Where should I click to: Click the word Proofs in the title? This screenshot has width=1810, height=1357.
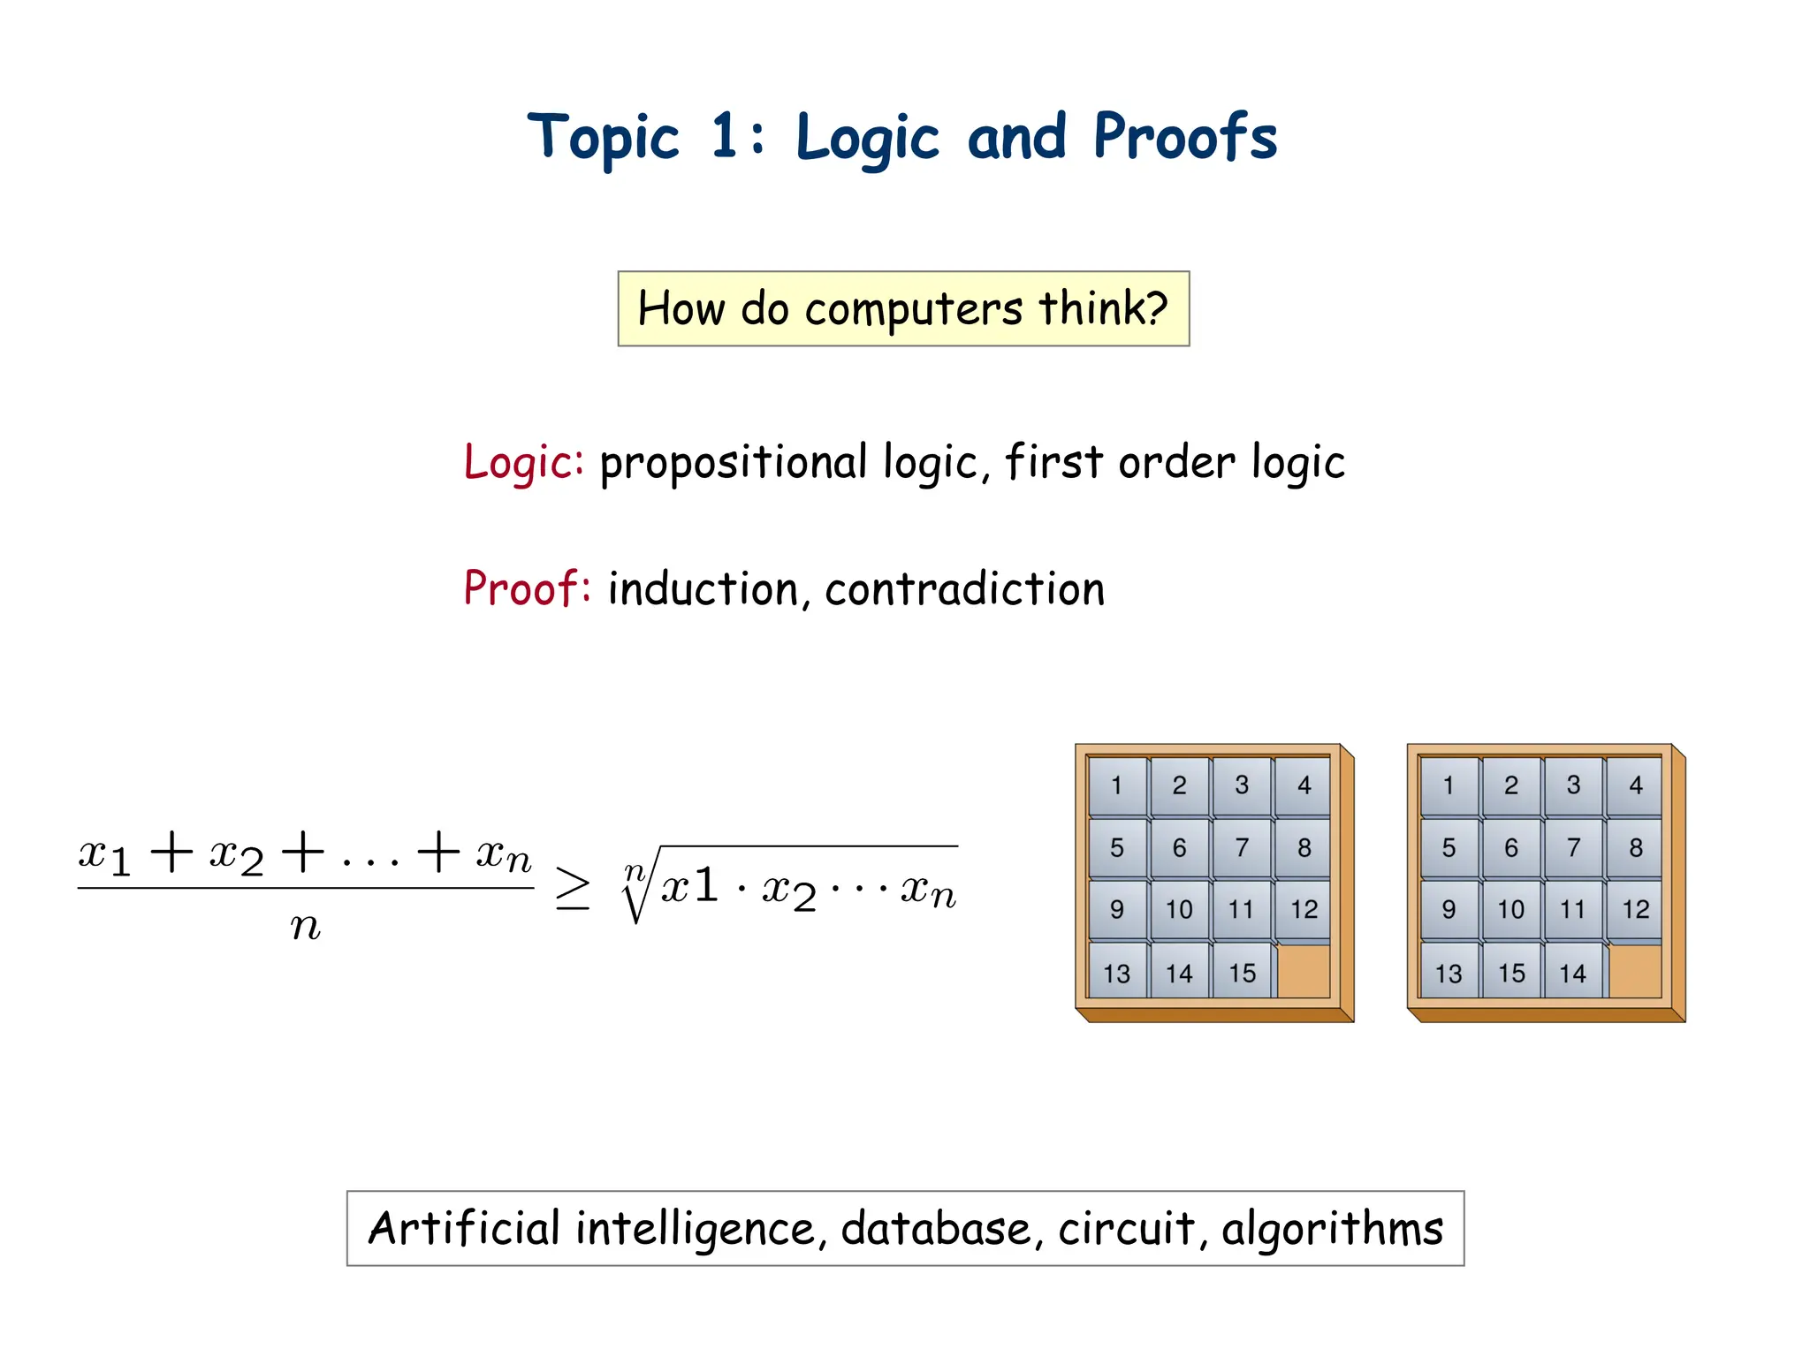point(1185,138)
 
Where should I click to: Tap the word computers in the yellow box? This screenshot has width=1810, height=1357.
point(914,309)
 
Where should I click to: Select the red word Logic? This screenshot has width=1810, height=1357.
point(523,462)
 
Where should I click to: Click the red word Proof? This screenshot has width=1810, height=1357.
point(527,588)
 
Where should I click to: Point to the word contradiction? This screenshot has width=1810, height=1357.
point(964,589)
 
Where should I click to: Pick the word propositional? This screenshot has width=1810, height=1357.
point(734,462)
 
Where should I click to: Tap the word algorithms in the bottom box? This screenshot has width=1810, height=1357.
point(1332,1229)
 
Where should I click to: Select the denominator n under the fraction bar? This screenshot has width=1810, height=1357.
point(305,927)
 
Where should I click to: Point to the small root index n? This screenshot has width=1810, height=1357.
point(634,872)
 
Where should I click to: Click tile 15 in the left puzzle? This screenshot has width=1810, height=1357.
point(1242,973)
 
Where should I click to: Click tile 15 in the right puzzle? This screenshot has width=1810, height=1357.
point(1511,973)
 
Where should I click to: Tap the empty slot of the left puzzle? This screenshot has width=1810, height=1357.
point(1304,971)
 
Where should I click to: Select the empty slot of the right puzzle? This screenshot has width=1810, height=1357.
point(1635,971)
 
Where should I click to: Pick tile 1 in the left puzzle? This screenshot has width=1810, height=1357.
point(1117,785)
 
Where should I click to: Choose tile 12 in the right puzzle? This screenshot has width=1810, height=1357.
point(1635,909)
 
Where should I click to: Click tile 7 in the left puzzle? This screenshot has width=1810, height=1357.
point(1242,847)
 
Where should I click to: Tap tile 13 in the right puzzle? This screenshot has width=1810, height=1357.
point(1449,973)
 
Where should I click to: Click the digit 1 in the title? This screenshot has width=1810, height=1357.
point(724,136)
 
